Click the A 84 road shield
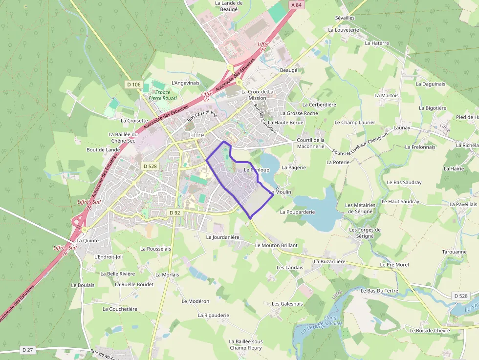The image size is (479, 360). click(296, 5)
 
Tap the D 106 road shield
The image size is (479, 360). click(133, 85)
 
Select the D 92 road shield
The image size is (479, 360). click(175, 212)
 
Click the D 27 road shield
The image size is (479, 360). click(27, 350)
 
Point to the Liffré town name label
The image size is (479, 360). click(196, 135)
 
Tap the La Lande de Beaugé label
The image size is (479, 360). click(229, 6)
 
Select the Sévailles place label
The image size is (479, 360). click(345, 18)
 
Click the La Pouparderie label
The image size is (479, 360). click(297, 212)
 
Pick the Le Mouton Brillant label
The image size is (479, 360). click(276, 245)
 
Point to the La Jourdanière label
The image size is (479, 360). click(222, 237)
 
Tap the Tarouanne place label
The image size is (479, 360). click(454, 252)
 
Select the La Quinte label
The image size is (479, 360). click(87, 240)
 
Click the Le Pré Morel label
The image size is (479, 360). click(394, 264)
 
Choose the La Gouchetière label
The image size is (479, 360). click(120, 309)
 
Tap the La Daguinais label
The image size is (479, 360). click(430, 84)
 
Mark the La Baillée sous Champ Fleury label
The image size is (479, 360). click(245, 345)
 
